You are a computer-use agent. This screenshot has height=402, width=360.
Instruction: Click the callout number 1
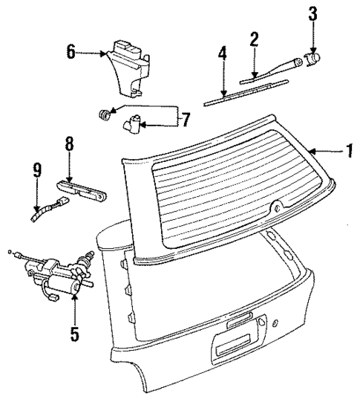(347, 152)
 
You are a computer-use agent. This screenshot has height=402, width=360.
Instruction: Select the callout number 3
(312, 13)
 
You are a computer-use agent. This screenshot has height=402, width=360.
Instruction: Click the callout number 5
(74, 334)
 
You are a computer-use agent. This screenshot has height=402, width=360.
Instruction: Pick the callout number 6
(71, 53)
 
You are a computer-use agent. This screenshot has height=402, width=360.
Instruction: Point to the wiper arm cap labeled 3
(313, 57)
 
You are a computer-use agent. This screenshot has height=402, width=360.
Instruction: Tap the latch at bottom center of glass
(278, 209)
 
